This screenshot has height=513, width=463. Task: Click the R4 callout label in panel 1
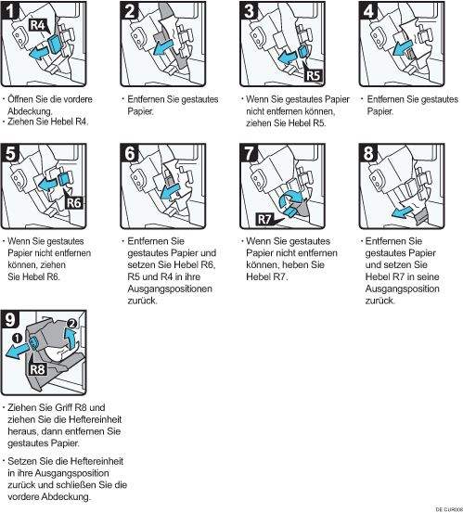click(x=38, y=25)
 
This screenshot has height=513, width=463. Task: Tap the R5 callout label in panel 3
click(x=313, y=75)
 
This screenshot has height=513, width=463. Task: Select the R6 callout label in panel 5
click(x=73, y=203)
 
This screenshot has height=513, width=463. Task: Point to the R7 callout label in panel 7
click(x=264, y=219)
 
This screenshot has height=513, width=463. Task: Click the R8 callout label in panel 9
click(x=38, y=370)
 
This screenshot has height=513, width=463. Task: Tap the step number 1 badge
click(x=10, y=10)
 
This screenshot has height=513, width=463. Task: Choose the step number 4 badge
click(x=368, y=10)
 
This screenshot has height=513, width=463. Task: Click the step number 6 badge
click(x=130, y=153)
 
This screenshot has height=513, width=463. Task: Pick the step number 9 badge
click(x=10, y=319)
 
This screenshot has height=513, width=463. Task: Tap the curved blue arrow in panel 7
click(x=291, y=199)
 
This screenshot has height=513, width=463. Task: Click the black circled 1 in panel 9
click(x=17, y=338)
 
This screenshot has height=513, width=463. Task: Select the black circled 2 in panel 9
click(x=71, y=324)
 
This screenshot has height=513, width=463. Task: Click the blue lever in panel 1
click(x=53, y=45)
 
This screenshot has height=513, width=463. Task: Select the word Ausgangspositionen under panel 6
click(x=170, y=289)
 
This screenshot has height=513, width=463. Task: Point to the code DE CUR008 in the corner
click(x=449, y=509)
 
